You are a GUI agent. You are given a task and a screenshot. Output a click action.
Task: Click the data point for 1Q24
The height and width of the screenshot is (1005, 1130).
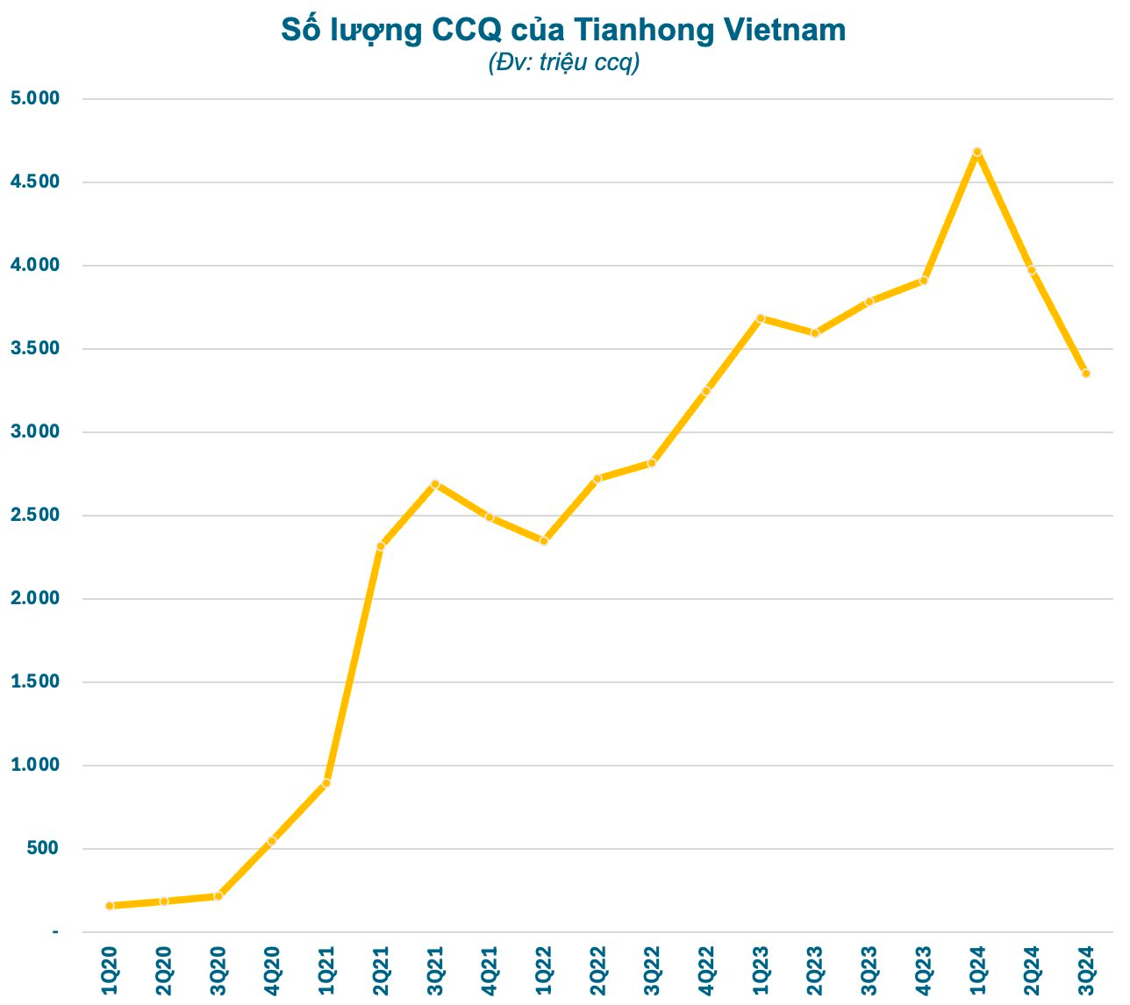coord(976,152)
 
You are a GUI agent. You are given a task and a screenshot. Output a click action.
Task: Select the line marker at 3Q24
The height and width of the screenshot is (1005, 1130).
coord(1085,374)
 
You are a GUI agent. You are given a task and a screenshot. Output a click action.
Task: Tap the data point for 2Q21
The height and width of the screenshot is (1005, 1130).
coord(380,546)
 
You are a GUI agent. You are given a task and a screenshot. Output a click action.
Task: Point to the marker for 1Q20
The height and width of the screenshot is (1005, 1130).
coord(110,906)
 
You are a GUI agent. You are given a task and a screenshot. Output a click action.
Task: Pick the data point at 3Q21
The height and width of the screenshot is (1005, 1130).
coord(434,484)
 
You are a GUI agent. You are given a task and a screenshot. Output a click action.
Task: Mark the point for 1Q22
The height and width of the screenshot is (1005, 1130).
coord(544,541)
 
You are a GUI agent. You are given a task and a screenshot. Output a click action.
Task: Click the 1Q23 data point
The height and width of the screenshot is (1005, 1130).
coord(761,318)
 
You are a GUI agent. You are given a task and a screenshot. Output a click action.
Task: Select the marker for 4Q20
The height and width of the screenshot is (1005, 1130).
coord(272,841)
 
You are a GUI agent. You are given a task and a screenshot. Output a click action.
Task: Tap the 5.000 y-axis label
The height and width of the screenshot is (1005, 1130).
coord(34,98)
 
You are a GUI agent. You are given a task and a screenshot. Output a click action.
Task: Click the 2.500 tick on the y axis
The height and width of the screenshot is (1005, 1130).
coord(34,515)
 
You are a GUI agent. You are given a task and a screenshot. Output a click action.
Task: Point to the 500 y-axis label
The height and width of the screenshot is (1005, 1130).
coord(42,848)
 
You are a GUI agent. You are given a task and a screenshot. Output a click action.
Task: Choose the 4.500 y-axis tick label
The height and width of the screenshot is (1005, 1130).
coord(34,182)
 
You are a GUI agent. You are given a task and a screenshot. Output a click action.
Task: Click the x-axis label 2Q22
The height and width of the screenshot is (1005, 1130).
coord(598,971)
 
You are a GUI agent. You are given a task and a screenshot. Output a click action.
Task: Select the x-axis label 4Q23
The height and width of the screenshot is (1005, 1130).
coord(923,971)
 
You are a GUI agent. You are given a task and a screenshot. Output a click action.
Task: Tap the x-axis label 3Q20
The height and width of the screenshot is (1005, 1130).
coord(218,971)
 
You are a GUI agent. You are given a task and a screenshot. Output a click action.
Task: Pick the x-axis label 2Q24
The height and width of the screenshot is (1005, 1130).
coord(1031,971)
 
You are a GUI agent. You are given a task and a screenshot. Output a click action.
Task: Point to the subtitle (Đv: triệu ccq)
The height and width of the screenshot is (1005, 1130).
coord(564,63)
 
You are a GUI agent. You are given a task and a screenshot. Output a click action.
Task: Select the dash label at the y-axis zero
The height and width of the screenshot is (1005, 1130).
coord(55,931)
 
